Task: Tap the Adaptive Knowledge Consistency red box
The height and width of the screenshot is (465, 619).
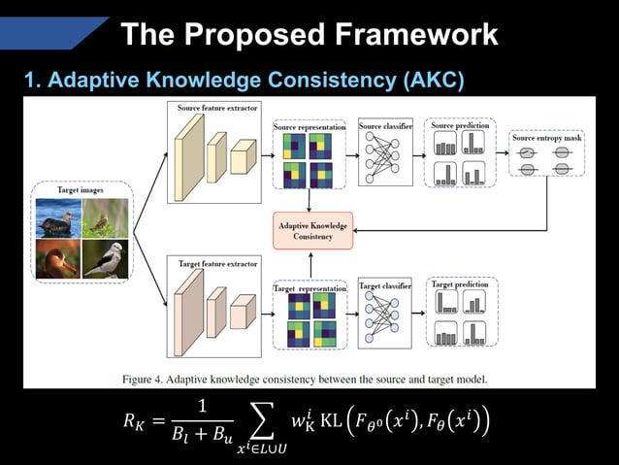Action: pyautogui.click(x=308, y=230)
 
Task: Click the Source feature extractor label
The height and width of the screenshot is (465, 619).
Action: pyautogui.click(x=217, y=108)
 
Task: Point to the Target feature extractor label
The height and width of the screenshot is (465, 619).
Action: pyautogui.click(x=216, y=261)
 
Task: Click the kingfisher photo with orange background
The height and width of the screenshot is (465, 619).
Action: pyautogui.click(x=57, y=259)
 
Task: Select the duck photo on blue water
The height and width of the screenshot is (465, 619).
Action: pyautogui.click(x=57, y=218)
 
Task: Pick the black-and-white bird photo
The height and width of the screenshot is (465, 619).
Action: pyautogui.click(x=105, y=259)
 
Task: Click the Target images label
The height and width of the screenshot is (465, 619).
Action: pyautogui.click(x=81, y=190)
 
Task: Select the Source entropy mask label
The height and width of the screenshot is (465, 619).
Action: pyautogui.click(x=547, y=138)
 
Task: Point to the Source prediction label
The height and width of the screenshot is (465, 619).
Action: pyautogui.click(x=460, y=126)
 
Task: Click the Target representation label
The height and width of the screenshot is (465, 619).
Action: pyautogui.click(x=309, y=287)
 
